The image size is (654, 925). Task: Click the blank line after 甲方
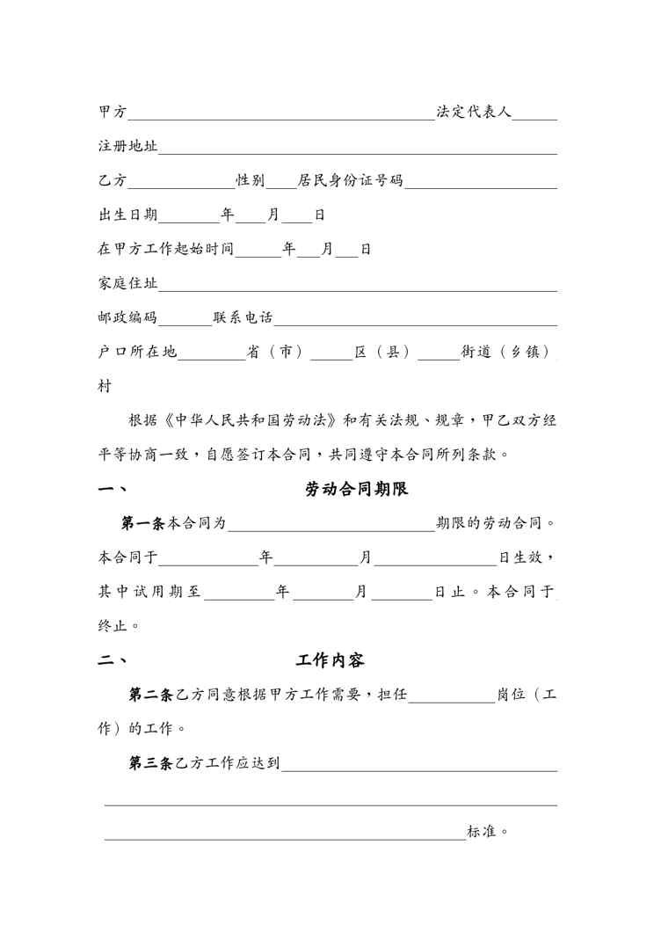tap(281, 115)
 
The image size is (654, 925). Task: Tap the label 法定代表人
tap(475, 113)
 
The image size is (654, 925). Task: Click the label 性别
tap(251, 181)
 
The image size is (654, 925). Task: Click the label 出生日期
tap(128, 215)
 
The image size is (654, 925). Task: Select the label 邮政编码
tap(128, 317)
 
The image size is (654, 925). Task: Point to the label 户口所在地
tap(138, 352)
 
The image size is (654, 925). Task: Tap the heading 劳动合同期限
tap(357, 490)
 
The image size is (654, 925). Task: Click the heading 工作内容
tap(331, 660)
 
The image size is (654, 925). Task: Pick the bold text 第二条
tap(152, 695)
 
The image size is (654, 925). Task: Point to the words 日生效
tap(527, 557)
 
